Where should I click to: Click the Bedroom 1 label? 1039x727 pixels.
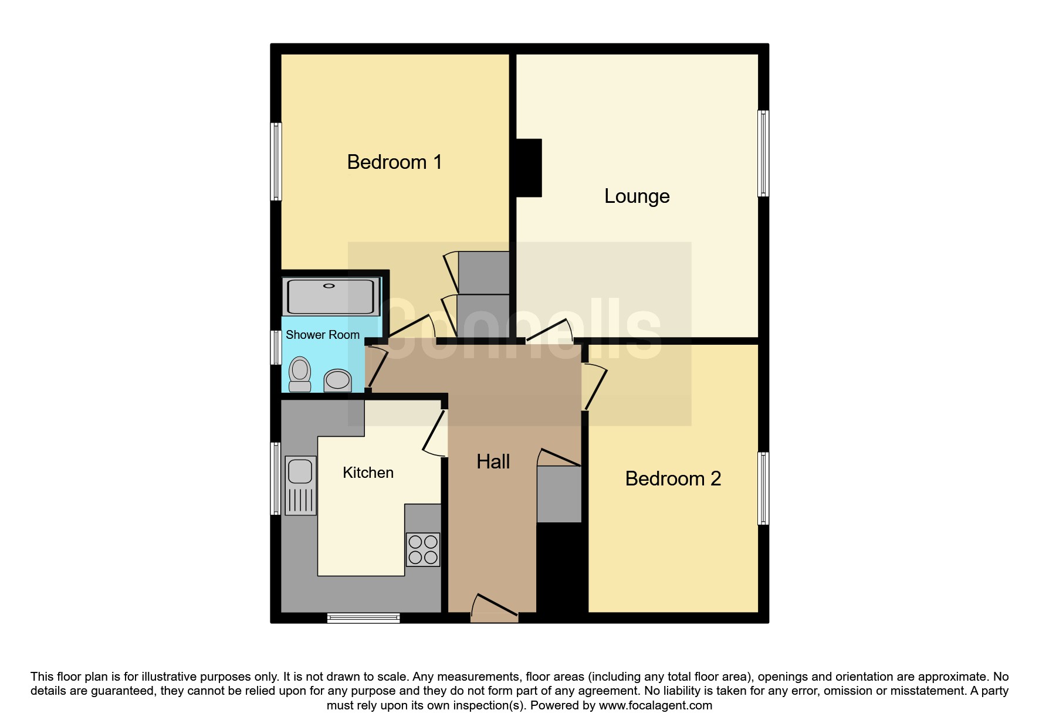tap(394, 162)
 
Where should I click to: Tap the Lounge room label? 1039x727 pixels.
tap(637, 196)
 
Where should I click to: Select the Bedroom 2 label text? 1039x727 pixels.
tap(673, 478)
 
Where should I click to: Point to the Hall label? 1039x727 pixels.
tap(493, 461)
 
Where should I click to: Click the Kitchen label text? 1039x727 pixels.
tap(368, 473)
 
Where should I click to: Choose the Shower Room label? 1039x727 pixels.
tap(322, 335)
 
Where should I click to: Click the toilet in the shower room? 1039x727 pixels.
tap(300, 373)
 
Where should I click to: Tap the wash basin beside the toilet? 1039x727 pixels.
tap(337, 380)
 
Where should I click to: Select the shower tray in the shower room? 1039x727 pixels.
tap(331, 296)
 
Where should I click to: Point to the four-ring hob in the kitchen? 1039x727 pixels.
tap(422, 549)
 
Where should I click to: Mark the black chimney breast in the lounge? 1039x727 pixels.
tap(529, 168)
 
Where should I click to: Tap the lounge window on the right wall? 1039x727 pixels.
tap(763, 153)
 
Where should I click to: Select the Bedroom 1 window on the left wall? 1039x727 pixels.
tap(276, 161)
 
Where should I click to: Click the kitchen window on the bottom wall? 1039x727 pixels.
tap(363, 617)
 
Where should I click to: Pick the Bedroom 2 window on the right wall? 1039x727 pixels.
tap(763, 488)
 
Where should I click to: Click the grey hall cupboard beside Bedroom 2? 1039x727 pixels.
tap(559, 494)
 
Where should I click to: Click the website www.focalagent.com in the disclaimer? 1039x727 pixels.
tap(655, 705)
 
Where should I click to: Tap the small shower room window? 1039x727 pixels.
tap(276, 348)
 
